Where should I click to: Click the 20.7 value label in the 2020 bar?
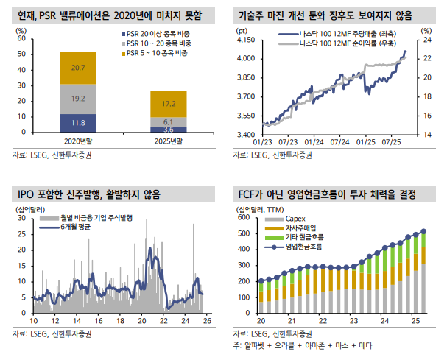[78, 68]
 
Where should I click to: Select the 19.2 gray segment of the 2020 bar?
[78, 98]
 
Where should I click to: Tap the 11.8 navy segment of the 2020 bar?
[78, 122]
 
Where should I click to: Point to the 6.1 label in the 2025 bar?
[169, 121]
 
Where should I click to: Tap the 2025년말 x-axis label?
[169, 141]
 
